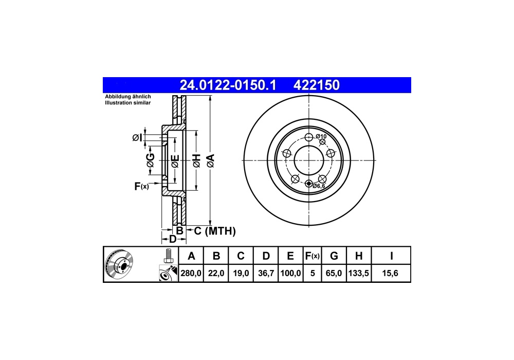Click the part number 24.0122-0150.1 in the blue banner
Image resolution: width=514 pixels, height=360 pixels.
pos(228,85)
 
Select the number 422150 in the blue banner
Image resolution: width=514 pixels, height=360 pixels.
pos(316,85)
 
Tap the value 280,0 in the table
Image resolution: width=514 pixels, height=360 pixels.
pos(191,273)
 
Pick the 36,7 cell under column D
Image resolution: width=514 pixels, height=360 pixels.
pos(266,273)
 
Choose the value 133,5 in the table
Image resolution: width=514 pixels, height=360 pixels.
pos(359,273)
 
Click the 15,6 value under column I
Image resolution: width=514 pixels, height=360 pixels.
pos(390,273)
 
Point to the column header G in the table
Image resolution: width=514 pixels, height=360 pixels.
pos(334,256)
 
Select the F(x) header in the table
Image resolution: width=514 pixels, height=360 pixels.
pos(312,256)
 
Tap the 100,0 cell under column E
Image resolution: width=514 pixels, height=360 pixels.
pos(290,273)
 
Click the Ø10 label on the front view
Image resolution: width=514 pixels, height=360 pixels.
pos(321,136)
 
